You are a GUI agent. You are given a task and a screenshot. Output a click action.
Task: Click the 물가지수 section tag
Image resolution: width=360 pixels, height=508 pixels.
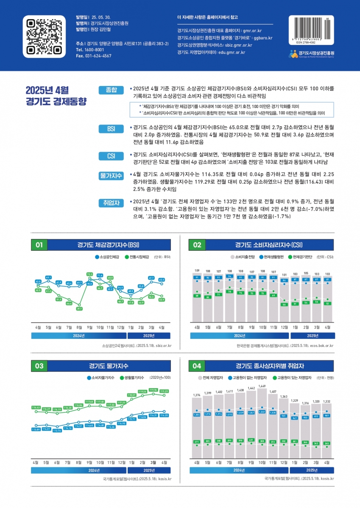coord(111,175)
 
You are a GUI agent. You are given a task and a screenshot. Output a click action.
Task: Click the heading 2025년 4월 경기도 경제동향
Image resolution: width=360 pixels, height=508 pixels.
coord(56,96)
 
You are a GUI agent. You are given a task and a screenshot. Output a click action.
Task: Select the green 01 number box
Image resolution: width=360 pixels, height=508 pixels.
coord(39,245)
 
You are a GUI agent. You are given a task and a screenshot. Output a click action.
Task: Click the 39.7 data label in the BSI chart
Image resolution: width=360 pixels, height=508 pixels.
coord(79,309)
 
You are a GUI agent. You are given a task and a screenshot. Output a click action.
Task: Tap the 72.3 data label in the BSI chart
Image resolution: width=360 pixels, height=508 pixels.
coord(89,274)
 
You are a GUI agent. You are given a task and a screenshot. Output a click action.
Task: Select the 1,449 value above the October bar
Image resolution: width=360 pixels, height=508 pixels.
coord(262,386)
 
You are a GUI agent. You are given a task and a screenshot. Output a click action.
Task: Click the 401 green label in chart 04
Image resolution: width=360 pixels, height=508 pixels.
coord(251,440)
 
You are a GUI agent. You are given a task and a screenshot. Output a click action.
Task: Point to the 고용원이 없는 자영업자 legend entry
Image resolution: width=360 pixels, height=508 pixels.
coord(249,377)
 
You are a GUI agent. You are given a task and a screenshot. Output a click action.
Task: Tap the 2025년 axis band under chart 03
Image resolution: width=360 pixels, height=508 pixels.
coord(149,470)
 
